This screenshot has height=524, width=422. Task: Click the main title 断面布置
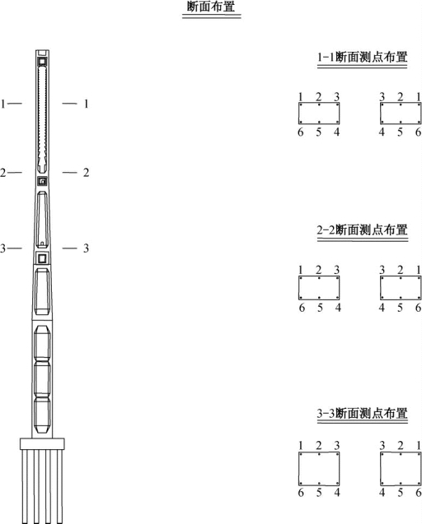[211, 7]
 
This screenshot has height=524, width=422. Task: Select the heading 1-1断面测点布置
[363, 57]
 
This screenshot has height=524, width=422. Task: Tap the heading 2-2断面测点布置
[363, 230]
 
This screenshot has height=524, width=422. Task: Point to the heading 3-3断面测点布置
[363, 414]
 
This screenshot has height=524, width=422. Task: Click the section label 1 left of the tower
[3, 104]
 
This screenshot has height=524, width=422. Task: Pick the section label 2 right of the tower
[86, 173]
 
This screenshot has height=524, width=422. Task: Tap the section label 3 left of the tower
[3, 248]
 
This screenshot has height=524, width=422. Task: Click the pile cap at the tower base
[42, 444]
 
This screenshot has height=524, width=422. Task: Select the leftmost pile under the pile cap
[25, 487]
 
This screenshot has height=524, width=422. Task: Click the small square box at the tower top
[42, 62]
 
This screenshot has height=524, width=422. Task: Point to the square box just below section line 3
[42, 258]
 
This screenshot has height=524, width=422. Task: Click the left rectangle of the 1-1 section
[319, 114]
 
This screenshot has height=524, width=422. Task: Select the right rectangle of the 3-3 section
[401, 469]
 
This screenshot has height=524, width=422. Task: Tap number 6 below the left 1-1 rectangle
[300, 132]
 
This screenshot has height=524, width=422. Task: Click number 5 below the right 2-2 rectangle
[400, 308]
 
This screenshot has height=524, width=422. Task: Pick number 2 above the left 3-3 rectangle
[318, 446]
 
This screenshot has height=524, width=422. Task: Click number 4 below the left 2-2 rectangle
[338, 308]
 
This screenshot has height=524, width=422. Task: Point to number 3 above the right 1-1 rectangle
[382, 97]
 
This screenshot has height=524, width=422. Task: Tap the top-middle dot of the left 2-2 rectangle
[319, 278]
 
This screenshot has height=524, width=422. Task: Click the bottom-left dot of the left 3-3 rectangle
[301, 483]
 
